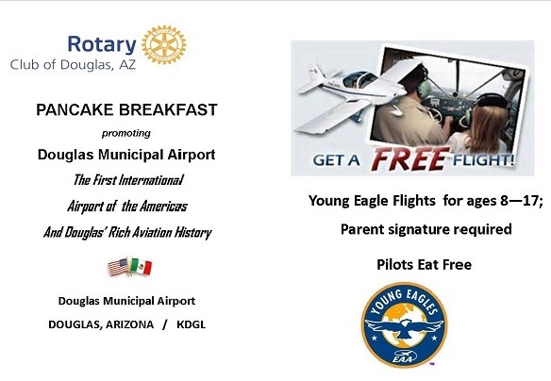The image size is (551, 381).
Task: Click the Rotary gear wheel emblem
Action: click(x=164, y=44)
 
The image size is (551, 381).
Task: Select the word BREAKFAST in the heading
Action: click(x=172, y=109)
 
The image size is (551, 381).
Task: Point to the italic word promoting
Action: click(x=125, y=133)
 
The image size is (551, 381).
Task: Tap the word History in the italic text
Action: click(x=192, y=232)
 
